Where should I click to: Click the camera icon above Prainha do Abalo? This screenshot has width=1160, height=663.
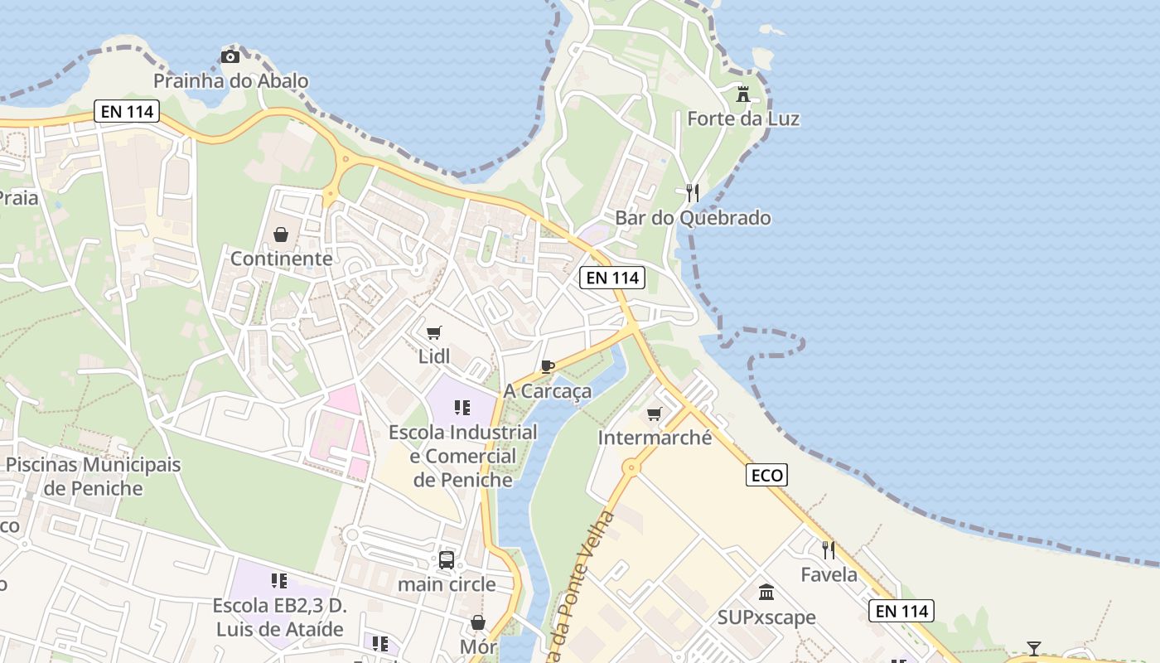click(230, 56)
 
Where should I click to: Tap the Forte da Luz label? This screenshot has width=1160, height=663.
click(743, 119)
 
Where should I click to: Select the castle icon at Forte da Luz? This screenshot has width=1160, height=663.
click(743, 94)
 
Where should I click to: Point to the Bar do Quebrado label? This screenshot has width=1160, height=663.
click(693, 218)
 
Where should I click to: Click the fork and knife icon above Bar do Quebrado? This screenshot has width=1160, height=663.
click(693, 193)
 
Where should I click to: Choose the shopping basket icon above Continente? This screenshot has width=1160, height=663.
click(281, 235)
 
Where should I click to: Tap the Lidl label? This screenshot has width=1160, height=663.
click(434, 357)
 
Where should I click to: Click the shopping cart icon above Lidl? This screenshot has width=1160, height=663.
click(433, 333)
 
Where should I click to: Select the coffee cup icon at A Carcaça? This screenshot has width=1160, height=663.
click(547, 366)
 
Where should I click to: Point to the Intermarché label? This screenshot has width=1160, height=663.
click(655, 438)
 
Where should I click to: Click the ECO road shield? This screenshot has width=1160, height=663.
click(766, 475)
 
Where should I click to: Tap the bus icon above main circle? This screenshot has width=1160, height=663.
click(447, 560)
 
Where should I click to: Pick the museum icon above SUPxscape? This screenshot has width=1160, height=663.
click(766, 593)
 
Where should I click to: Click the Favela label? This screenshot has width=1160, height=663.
click(829, 574)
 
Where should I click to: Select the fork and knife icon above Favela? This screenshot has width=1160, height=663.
click(828, 549)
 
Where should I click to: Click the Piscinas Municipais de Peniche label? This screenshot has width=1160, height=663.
click(93, 476)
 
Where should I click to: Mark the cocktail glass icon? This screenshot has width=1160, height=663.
click(1034, 648)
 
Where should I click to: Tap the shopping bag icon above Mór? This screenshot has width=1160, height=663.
click(478, 622)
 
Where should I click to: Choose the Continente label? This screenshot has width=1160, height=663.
click(281, 259)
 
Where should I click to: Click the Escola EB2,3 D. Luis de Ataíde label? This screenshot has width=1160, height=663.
click(279, 617)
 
